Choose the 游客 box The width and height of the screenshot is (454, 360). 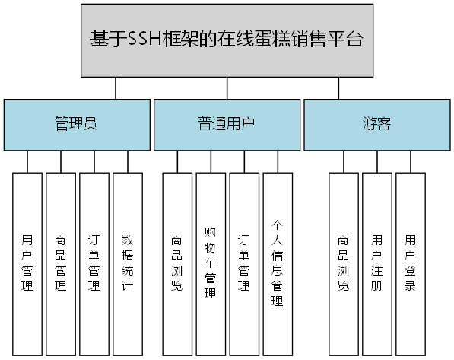tap(376, 124)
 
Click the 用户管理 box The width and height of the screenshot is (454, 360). tap(28, 264)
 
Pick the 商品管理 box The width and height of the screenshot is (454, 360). tap(61, 264)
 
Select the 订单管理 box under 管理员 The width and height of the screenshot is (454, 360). tap(94, 264)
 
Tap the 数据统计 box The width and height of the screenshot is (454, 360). tap(128, 264)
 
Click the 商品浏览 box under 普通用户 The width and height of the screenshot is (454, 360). tap(177, 264)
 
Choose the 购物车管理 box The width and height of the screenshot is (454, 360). tap(211, 264)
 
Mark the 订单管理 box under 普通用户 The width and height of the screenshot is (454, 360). tap(244, 264)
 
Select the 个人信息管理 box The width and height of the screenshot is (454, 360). tap(278, 264)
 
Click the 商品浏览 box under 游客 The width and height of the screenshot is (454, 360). tap(344, 264)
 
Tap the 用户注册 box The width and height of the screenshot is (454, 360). tap(377, 264)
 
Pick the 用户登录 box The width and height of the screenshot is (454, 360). tap(411, 264)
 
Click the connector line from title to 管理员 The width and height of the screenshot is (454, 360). tap(115, 88)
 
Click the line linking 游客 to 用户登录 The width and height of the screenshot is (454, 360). tap(411, 161)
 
